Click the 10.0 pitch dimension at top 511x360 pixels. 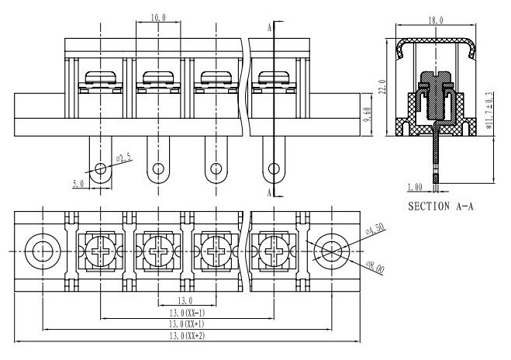[158, 18]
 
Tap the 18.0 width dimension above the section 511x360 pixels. [436, 20]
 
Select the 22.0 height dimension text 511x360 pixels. [383, 87]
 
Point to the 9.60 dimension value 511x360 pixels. [368, 115]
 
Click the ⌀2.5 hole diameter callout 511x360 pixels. [124, 158]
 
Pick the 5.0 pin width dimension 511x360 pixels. [78, 184]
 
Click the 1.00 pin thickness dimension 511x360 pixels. [415, 187]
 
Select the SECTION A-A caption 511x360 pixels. [440, 206]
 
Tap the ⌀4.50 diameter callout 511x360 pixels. [375, 229]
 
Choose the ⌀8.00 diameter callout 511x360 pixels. [375, 267]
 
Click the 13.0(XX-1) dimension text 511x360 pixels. [187, 313]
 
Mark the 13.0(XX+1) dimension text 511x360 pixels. [187, 324]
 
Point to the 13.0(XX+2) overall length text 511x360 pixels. [187, 336]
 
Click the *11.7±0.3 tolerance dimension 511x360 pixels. [489, 110]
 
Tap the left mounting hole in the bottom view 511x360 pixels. [43, 251]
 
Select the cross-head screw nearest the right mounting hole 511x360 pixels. [274, 251]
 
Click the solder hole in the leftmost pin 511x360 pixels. [100, 168]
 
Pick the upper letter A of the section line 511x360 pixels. [270, 28]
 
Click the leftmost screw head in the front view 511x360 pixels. [100, 78]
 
